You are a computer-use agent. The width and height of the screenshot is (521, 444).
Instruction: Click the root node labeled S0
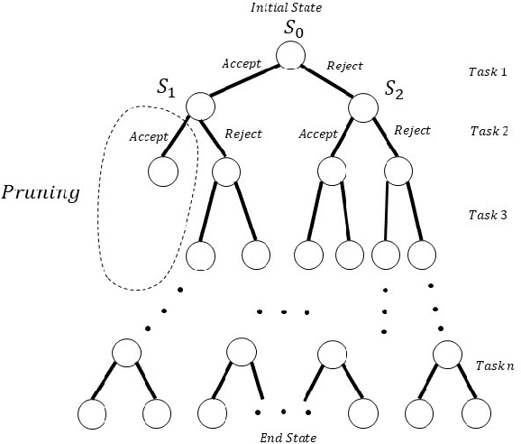tap(291, 55)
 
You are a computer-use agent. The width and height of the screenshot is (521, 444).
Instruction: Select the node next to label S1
tap(199, 106)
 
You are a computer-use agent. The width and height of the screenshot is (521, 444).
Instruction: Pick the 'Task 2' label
tap(489, 131)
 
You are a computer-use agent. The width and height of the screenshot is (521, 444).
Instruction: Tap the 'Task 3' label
tap(489, 215)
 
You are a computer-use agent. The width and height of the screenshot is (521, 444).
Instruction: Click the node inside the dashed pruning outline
tap(164, 171)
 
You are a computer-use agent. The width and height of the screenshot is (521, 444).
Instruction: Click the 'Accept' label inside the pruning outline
tap(148, 137)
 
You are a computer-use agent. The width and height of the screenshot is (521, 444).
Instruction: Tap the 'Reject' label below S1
tap(242, 134)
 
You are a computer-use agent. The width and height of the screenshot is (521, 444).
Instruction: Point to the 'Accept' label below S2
tap(316, 134)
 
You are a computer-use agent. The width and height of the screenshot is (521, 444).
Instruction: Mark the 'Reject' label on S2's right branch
tap(412, 130)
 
